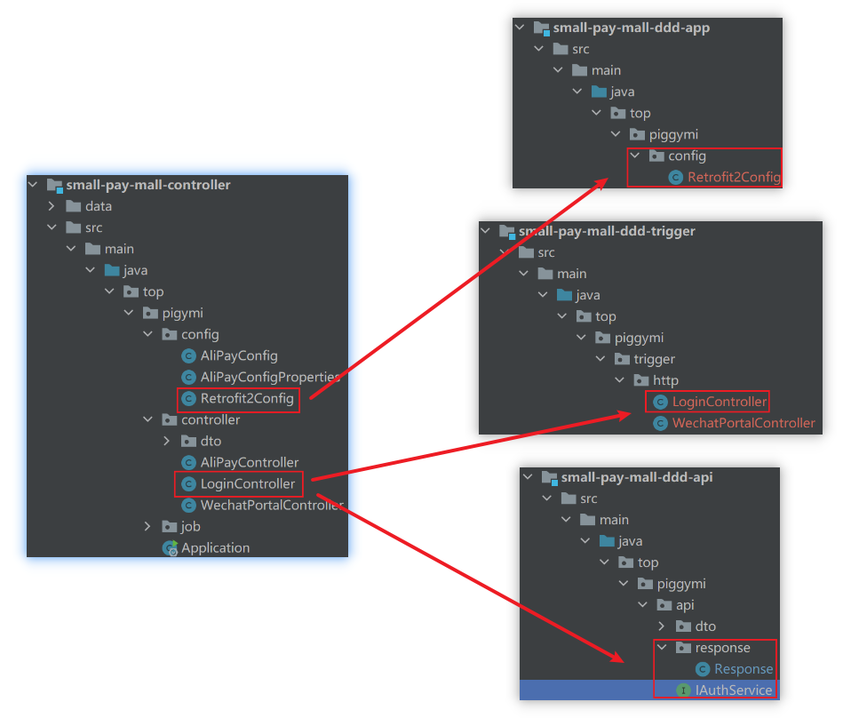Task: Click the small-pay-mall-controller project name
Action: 147,185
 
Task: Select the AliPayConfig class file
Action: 239,355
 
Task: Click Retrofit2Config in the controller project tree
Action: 246,398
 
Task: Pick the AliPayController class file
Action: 250,462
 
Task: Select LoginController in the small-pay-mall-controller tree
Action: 247,483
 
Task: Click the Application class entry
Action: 215,547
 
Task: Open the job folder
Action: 190,526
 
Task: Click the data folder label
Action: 98,206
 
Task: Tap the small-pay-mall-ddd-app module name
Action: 631,28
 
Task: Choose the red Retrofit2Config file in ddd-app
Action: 733,177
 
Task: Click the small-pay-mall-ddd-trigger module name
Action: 606,231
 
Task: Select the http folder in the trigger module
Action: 665,380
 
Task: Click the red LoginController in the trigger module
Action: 719,402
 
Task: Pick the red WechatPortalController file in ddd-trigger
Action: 743,423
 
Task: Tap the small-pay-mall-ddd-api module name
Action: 636,477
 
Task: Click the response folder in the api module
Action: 722,648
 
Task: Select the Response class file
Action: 743,669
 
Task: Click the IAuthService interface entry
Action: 735,690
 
